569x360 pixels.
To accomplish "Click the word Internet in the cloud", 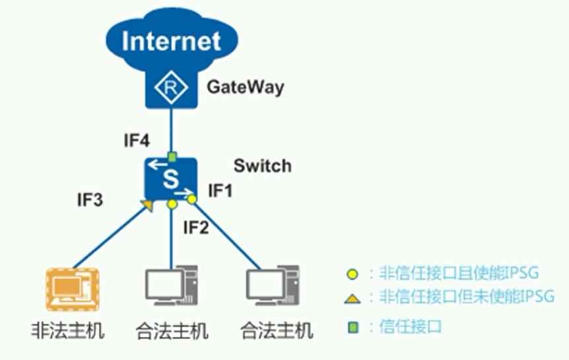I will coord(171,41).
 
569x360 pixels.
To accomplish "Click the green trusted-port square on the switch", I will coord(172,157).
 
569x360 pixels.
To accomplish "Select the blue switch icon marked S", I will coord(171,178).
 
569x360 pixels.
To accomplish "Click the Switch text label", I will coord(262,166).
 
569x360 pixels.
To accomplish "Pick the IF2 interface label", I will coord(195,229).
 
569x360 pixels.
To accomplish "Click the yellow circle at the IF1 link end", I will coord(192,198).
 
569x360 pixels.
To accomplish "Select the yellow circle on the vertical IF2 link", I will coord(172,204).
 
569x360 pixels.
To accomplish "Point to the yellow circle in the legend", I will coord(353,273).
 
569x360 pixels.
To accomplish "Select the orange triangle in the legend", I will coord(353,299).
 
